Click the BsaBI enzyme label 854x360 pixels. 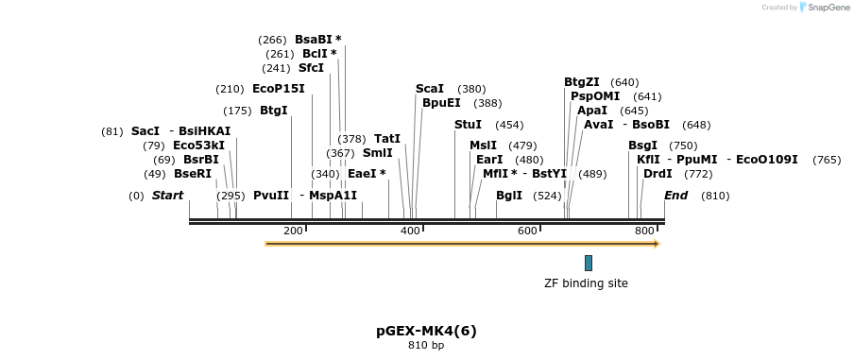(x=313, y=40)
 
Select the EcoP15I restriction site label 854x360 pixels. (x=278, y=89)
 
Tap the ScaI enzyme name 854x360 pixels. (x=429, y=89)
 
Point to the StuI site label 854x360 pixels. (x=468, y=125)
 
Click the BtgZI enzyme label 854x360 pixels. (x=581, y=82)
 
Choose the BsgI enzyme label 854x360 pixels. (x=642, y=146)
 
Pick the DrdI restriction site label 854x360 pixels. (x=658, y=174)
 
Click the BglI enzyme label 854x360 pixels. (x=508, y=196)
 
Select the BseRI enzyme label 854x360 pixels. (x=192, y=174)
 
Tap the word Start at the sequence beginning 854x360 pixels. (x=167, y=196)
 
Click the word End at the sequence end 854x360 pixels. (x=675, y=196)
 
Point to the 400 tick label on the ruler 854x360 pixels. (x=410, y=231)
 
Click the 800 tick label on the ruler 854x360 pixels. (x=644, y=231)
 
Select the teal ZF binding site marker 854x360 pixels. (x=588, y=263)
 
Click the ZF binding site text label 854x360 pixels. (x=586, y=283)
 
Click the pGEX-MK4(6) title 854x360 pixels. (x=426, y=331)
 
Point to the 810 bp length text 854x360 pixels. (x=426, y=346)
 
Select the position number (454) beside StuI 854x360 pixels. (x=509, y=125)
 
